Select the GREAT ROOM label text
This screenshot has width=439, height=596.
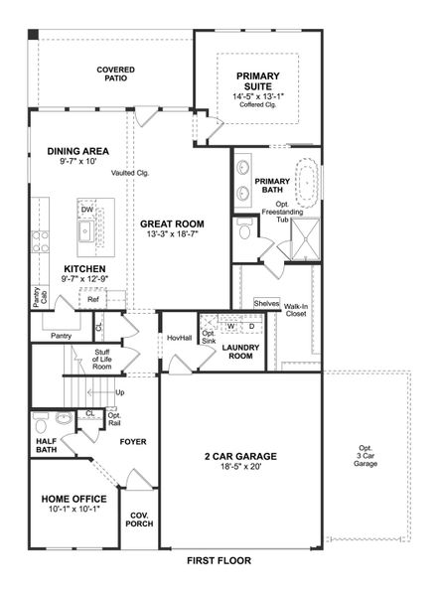pyautogui.click(x=172, y=223)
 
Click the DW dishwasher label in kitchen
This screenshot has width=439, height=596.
pyautogui.click(x=87, y=209)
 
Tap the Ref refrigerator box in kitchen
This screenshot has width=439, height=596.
pyautogui.click(x=93, y=299)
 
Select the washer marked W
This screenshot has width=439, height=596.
pyautogui.click(x=230, y=325)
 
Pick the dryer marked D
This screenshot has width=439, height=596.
pyautogui.click(x=251, y=325)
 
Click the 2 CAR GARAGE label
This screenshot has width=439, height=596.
pyautogui.click(x=240, y=457)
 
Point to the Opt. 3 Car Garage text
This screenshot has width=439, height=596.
pyautogui.click(x=366, y=456)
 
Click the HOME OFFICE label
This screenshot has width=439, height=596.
pyautogui.click(x=74, y=500)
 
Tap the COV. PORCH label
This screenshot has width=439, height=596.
pyautogui.click(x=139, y=519)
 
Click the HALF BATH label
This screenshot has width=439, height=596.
pyautogui.click(x=46, y=445)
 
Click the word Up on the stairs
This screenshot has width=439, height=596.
pyautogui.click(x=120, y=392)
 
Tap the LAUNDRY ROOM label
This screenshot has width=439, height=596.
pyautogui.click(x=240, y=353)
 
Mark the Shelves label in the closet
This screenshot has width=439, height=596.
pyautogui.click(x=266, y=303)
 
